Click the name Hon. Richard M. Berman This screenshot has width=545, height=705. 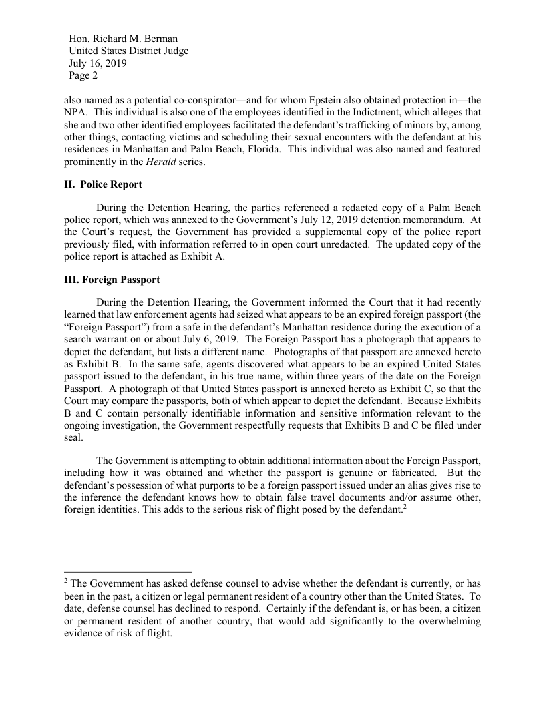123,39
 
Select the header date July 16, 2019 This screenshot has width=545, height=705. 98,64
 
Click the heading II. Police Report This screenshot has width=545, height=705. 103,184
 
